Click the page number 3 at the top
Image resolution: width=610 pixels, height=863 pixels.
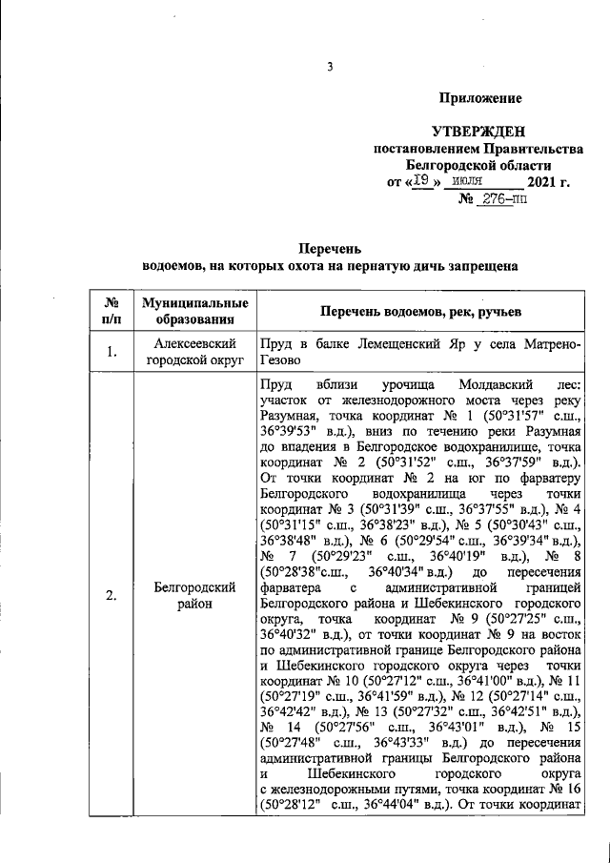pos(330,67)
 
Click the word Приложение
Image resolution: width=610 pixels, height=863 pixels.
pos(479,98)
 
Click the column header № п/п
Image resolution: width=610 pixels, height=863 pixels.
pos(112,311)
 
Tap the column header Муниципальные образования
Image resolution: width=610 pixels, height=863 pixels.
pos(194,311)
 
